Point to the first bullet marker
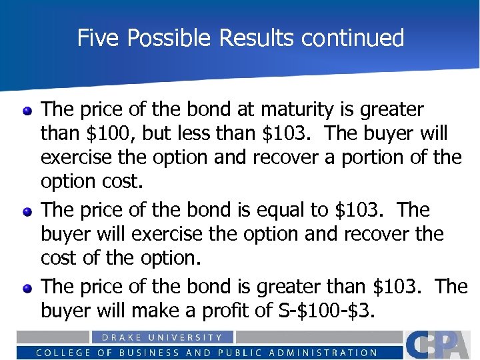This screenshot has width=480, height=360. coord(27,111)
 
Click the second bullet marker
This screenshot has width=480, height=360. coord(27,212)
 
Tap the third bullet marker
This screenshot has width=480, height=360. coord(27,288)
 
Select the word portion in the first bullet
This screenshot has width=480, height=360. coord(364,158)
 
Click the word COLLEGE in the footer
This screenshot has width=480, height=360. coord(59,353)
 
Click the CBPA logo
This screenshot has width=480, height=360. coord(440,344)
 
